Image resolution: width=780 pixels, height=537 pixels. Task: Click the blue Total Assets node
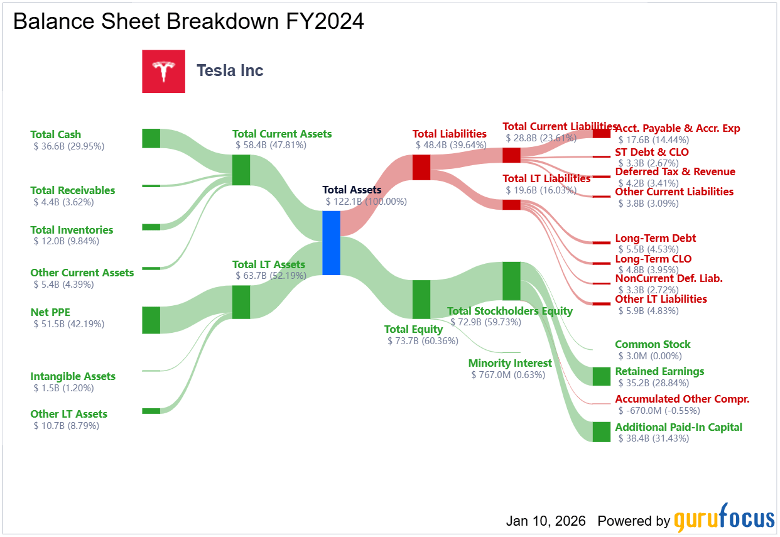[x=331, y=243]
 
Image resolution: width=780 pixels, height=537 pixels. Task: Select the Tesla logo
[x=163, y=71]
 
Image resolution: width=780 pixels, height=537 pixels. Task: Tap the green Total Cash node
[x=151, y=138]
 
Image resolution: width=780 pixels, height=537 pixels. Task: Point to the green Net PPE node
[x=151, y=320]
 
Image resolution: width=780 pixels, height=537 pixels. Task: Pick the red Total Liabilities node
[x=421, y=167]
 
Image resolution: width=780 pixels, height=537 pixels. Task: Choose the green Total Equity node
[x=421, y=300]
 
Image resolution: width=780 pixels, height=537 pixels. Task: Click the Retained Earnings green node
[x=601, y=376]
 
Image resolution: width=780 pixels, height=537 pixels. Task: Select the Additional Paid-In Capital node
[x=601, y=432]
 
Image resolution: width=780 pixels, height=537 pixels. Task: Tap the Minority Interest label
[x=510, y=363]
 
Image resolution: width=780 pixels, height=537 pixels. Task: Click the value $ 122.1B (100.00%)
[x=366, y=202]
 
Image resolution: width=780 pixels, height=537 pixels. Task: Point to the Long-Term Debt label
[x=655, y=238]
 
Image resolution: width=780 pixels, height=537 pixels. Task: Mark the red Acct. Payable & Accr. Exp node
[x=601, y=133]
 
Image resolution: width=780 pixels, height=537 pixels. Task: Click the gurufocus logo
[x=724, y=520]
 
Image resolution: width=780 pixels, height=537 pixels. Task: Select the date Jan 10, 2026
[x=545, y=521]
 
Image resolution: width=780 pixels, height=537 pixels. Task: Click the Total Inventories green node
[x=151, y=227]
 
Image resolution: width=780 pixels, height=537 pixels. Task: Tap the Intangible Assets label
[x=73, y=376]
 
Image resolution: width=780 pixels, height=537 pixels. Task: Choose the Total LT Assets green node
[x=241, y=302]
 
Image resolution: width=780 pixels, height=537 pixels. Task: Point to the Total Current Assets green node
[x=241, y=170]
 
